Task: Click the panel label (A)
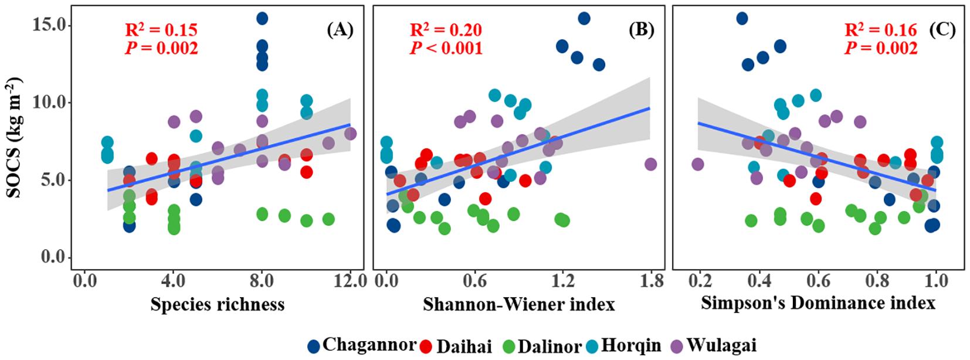point(340,29)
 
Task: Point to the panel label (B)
point(641,29)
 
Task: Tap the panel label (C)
point(942,29)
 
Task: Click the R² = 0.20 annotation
point(446,30)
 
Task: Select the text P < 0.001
point(446,48)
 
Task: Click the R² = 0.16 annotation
point(880,30)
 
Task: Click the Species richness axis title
point(217,304)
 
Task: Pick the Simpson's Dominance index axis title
point(818,303)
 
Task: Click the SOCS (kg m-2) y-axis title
point(14,138)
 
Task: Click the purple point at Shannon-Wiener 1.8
point(650,164)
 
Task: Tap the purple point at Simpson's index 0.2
point(697,164)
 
